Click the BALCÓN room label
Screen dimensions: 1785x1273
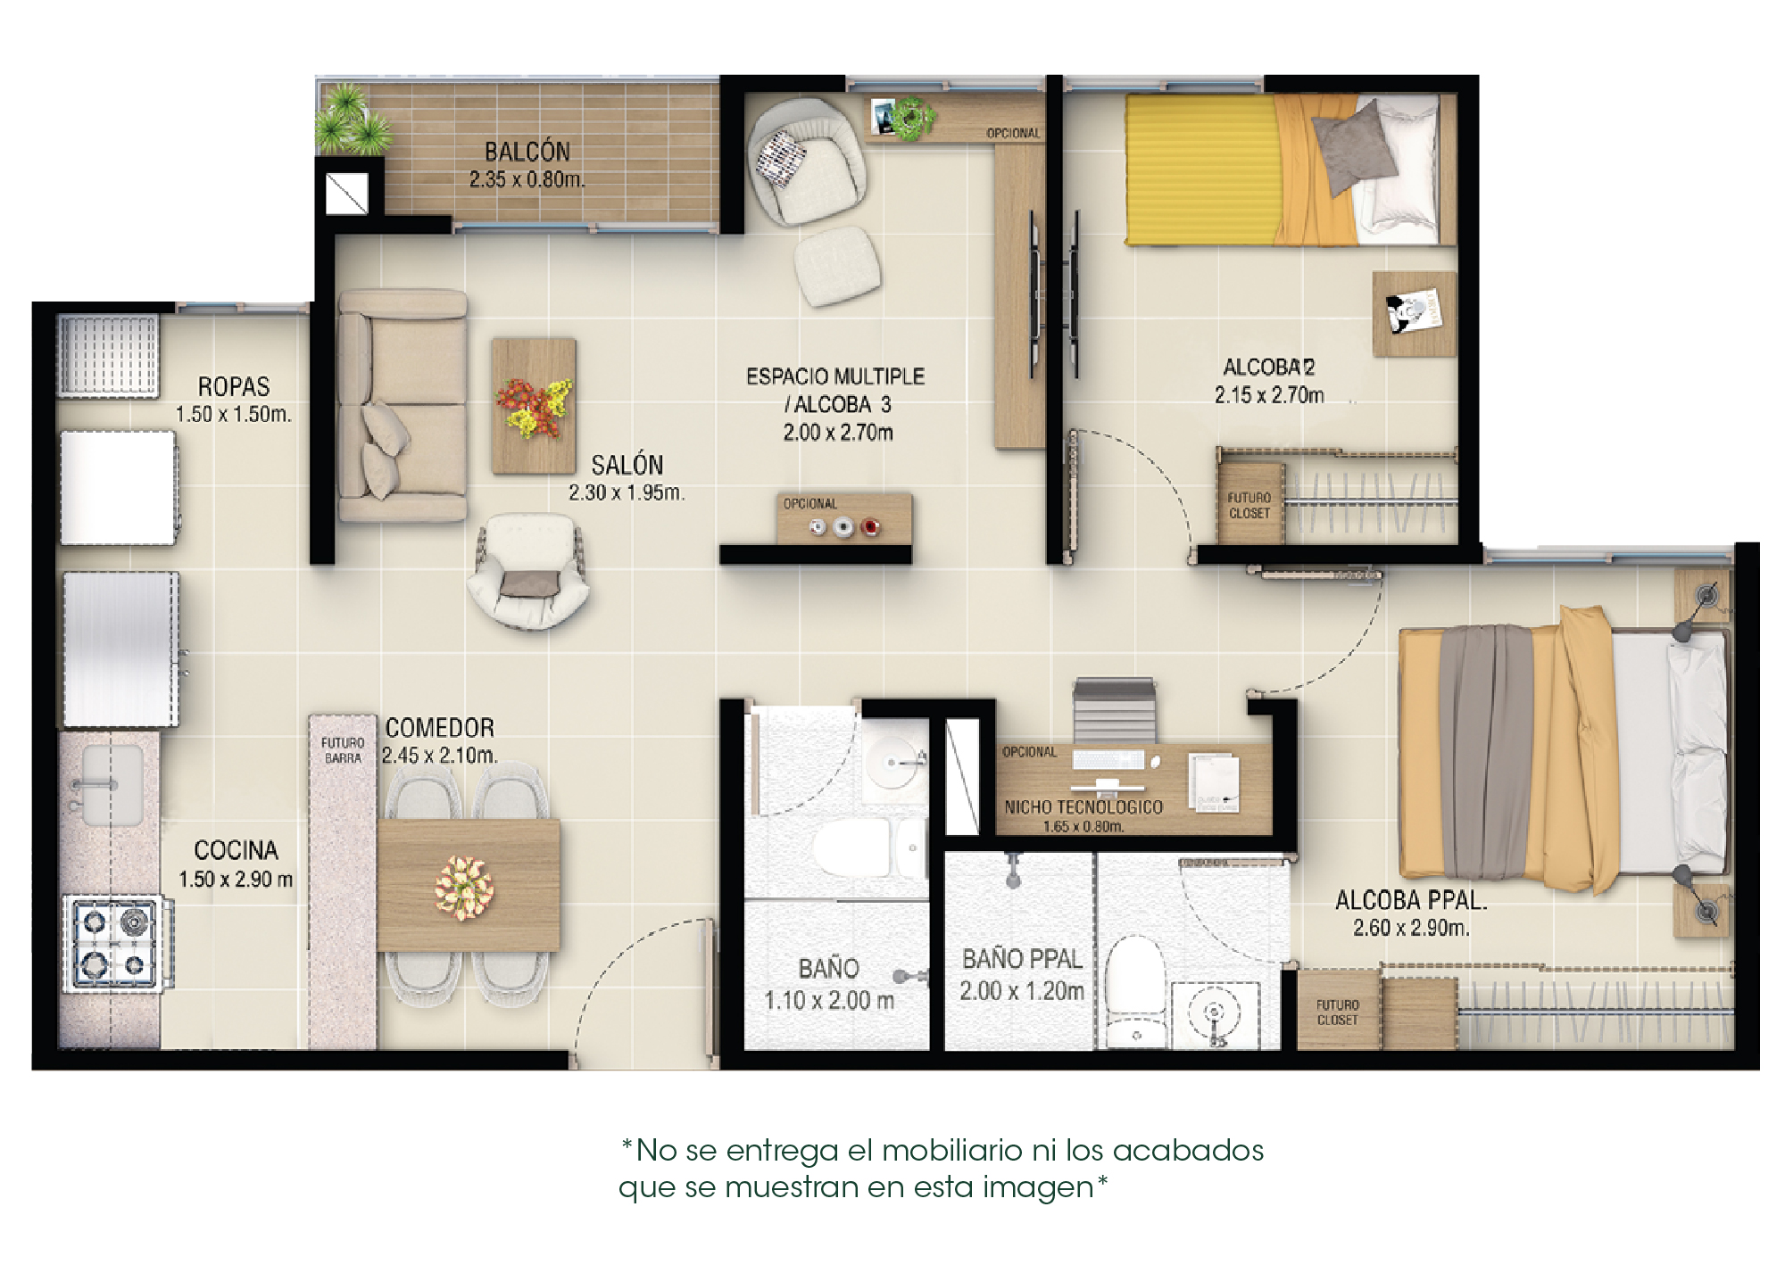[x=527, y=152]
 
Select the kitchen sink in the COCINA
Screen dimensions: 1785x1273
[x=111, y=786]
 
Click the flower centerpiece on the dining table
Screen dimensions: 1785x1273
[x=464, y=888]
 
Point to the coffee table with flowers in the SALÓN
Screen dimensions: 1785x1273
[x=534, y=406]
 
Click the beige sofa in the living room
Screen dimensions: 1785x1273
[x=403, y=406]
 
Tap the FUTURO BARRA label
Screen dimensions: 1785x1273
[x=343, y=750]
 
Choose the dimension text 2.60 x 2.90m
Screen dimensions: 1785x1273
[x=1411, y=929]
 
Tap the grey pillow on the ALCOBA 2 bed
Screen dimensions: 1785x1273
[x=1353, y=147]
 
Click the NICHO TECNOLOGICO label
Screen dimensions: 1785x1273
[x=1083, y=807]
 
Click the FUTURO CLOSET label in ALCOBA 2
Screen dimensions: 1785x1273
[x=1249, y=506]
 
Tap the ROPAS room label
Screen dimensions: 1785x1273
[x=234, y=387]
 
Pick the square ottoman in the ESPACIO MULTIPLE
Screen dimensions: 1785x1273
[x=837, y=266]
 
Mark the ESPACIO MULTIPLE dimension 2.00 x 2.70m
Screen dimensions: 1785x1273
[x=838, y=434]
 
